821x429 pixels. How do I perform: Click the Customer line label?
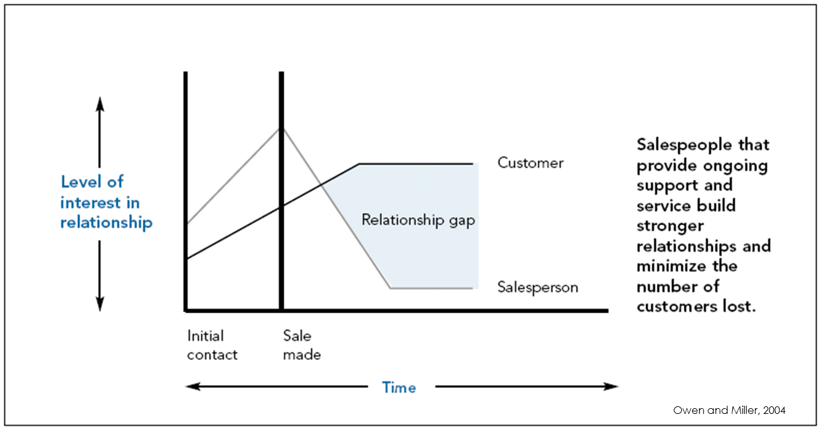tap(530, 163)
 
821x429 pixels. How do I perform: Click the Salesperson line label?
tap(537, 287)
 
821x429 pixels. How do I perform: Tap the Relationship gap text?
tap(418, 221)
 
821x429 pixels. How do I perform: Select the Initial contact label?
tap(212, 345)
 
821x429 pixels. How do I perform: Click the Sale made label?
tap(301, 345)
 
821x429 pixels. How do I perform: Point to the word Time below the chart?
tap(399, 387)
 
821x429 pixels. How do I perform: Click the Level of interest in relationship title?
tap(106, 203)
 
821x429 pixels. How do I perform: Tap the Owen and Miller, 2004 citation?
tap(729, 410)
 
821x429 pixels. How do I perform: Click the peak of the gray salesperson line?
tap(281, 128)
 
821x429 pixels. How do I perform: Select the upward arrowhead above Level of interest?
tap(99, 103)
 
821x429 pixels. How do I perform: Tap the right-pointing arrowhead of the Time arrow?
tap(612, 386)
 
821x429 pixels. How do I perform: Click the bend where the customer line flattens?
tap(359, 164)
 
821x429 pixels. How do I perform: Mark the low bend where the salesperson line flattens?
tap(390, 288)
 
